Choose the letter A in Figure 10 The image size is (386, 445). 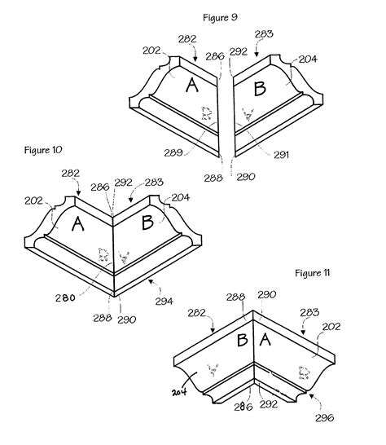79,226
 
